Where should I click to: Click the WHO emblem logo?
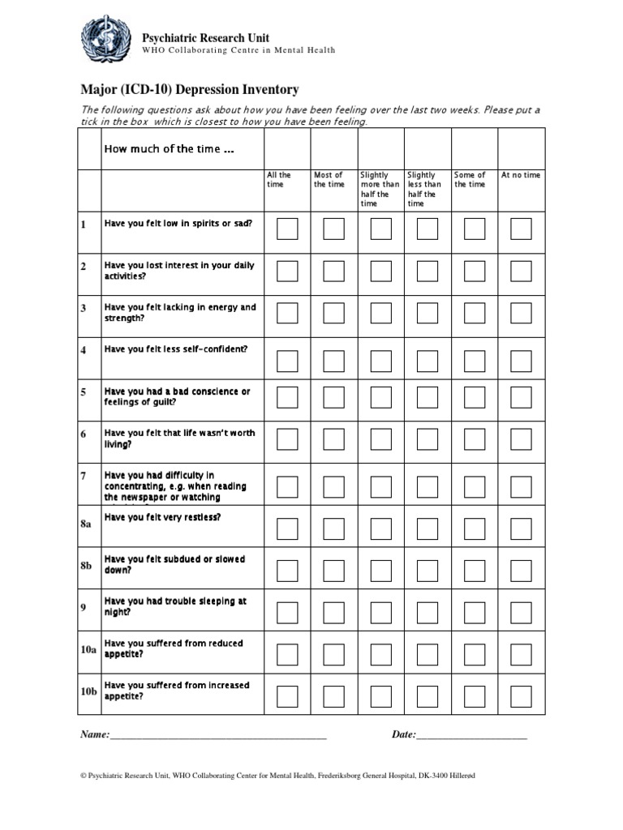pos(105,42)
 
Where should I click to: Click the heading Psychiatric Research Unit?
pos(205,37)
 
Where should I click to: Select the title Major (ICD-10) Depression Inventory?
pos(190,90)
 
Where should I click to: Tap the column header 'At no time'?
pos(521,175)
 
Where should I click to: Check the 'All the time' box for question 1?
pos(287,229)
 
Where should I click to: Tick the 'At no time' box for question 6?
pos(521,439)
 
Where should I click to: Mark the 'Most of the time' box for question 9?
pos(333,613)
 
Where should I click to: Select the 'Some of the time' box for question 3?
pos(474,314)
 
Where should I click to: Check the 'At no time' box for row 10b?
pos(521,696)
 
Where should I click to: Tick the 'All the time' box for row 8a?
pos(287,528)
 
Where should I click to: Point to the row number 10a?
pos(88,650)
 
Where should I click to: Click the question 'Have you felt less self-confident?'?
pos(176,349)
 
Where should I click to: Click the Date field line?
pos(471,736)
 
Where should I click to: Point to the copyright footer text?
pos(277,776)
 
